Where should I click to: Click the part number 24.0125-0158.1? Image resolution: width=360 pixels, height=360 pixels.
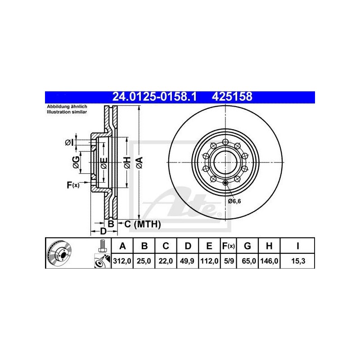click(154, 97)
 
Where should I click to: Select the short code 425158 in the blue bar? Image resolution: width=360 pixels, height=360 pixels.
click(232, 97)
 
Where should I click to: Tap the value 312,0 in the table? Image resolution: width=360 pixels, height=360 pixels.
click(122, 261)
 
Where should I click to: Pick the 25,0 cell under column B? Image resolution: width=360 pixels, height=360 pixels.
click(144, 261)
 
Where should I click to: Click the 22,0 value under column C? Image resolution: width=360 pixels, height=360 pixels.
click(166, 261)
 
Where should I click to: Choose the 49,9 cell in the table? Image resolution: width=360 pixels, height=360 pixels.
click(187, 261)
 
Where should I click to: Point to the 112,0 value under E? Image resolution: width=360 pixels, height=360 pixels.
click(209, 261)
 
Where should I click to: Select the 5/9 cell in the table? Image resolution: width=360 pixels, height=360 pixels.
click(229, 261)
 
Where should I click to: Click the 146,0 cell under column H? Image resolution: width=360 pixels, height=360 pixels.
click(269, 261)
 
